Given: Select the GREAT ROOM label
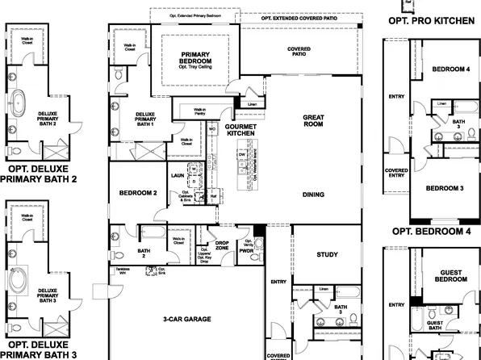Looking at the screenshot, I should (x=313, y=121).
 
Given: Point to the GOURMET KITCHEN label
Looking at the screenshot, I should (x=240, y=130).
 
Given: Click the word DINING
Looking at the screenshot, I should (x=313, y=195).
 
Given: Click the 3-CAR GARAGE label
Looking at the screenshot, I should (x=186, y=319).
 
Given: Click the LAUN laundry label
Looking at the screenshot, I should (x=178, y=174).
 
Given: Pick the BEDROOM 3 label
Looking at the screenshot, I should (x=444, y=188).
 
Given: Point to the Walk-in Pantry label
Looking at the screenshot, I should (x=199, y=112).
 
